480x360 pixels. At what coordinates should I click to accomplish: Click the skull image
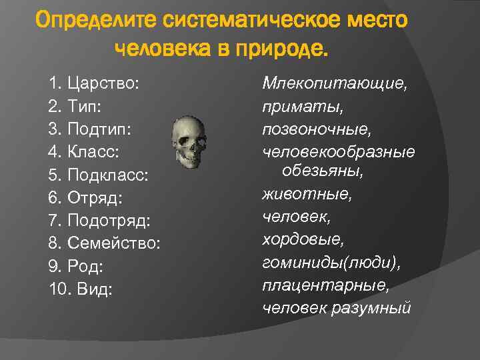190,142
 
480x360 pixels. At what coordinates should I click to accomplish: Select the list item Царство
93,85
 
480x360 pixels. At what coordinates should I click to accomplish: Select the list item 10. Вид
81,289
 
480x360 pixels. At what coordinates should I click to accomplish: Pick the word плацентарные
326,285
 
